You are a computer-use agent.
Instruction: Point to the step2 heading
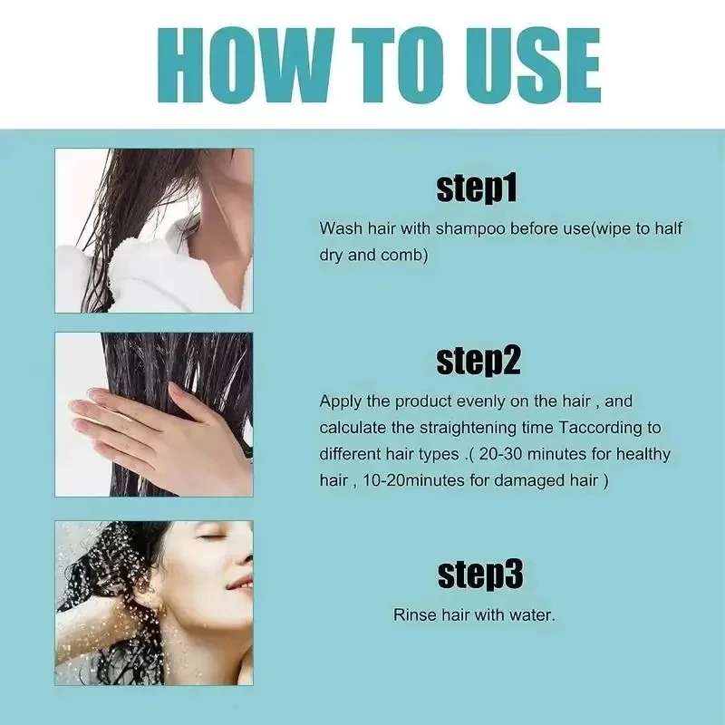478,361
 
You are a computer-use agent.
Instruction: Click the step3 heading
479,574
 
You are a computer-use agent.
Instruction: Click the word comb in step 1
407,256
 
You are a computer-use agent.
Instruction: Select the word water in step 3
531,614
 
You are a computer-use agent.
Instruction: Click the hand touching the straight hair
154,426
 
